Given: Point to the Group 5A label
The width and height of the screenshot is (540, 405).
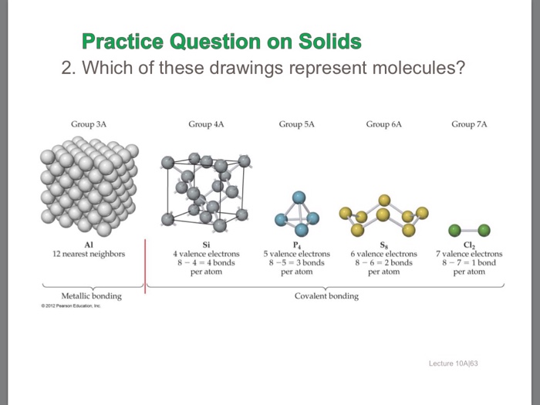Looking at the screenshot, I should click(297, 123).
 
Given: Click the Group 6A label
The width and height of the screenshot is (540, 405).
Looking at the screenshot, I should click(384, 123).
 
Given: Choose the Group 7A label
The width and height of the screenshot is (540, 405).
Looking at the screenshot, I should click(470, 123).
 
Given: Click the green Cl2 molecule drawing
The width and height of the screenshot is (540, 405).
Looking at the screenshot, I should click(470, 229).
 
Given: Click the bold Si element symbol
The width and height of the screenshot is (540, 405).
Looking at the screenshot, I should click(206, 244).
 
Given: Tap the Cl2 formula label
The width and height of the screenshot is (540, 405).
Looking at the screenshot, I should click(469, 245).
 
